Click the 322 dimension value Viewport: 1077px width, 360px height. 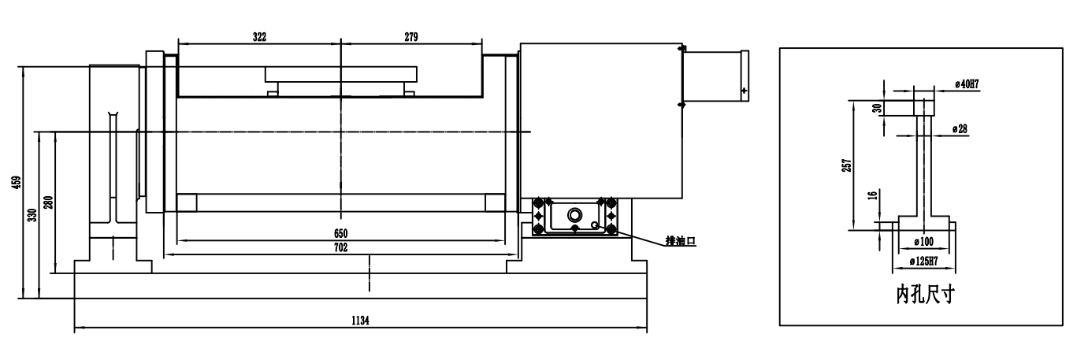[260, 37]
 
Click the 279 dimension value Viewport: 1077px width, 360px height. [411, 37]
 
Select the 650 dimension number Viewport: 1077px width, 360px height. [340, 234]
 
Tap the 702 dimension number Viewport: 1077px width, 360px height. [340, 247]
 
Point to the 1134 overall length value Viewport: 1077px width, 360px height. [360, 321]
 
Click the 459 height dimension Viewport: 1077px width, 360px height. [17, 183]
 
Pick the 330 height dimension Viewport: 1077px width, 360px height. [32, 215]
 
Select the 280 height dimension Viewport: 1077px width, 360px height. [49, 202]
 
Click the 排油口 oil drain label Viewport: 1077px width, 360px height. [681, 241]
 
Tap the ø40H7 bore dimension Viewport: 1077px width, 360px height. [967, 84]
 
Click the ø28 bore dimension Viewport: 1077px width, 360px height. [960, 129]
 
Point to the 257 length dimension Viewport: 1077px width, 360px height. [847, 165]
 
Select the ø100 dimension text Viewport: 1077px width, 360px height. [923, 242]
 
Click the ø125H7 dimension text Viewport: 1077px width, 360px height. [923, 262]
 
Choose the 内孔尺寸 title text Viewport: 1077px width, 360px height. [925, 294]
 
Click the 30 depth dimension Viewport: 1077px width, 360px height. [878, 108]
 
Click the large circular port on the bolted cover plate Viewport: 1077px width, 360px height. [575, 214]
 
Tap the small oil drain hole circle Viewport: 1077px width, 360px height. [595, 225]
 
